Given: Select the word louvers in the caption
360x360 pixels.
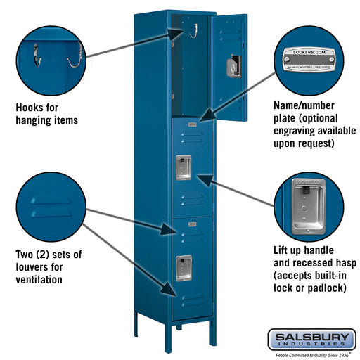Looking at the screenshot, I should pyautogui.click(x=32, y=267).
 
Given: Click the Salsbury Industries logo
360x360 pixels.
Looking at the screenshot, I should pyautogui.click(x=311, y=339).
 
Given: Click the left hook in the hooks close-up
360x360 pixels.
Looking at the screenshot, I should pyautogui.click(x=37, y=55).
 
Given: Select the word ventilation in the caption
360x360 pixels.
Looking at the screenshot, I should pyautogui.click(x=39, y=280).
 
